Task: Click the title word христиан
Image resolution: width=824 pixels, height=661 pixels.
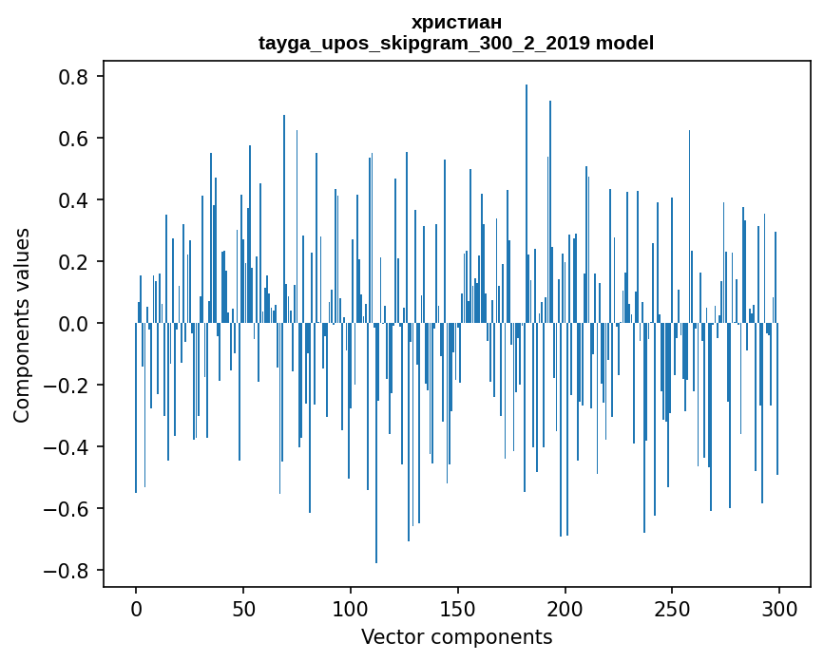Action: coord(456,22)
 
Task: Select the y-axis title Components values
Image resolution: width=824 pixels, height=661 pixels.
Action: coord(22,325)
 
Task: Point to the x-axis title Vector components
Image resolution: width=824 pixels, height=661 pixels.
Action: coord(456,636)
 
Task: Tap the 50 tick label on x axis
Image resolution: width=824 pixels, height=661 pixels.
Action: coord(243,608)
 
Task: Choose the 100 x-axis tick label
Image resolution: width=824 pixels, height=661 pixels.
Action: coord(351,608)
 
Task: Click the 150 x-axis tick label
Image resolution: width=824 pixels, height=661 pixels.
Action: coord(458,608)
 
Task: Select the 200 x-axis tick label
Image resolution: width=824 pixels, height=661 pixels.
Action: coord(565,608)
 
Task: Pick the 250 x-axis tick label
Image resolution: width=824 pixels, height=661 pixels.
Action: coord(673,608)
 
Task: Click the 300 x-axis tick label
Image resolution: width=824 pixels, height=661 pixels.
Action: coord(779,608)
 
